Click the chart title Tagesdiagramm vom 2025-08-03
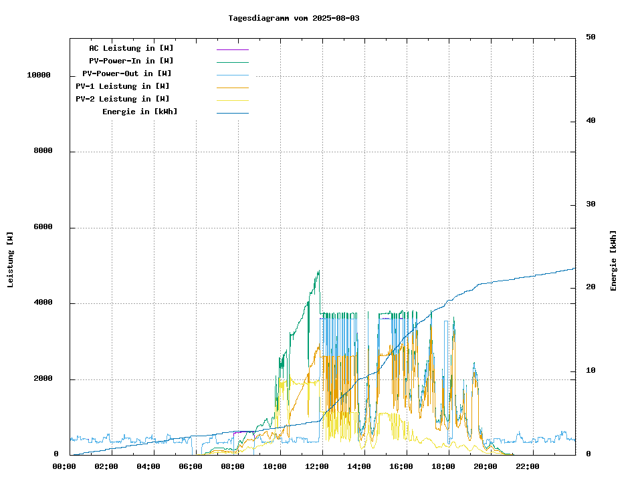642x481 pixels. [294, 18]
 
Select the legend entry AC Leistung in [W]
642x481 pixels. [131, 48]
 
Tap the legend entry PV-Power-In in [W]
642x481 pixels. [131, 61]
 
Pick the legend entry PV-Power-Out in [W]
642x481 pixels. [126, 73]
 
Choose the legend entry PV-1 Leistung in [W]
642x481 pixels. [122, 86]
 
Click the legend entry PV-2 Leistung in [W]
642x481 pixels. [122, 99]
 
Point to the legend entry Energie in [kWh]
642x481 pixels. [140, 112]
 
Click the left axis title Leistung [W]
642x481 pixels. [11, 259]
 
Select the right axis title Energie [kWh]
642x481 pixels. [613, 261]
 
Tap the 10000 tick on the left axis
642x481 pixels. [38, 75]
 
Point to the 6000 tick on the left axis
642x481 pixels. [43, 227]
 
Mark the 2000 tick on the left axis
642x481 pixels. [43, 379]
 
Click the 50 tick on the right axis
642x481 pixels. [591, 37]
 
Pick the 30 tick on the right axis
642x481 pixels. [591, 204]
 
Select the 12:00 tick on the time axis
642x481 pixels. [321, 466]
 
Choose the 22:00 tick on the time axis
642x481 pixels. [528, 466]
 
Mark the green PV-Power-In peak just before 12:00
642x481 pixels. [318, 271]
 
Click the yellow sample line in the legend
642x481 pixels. [232, 100]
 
